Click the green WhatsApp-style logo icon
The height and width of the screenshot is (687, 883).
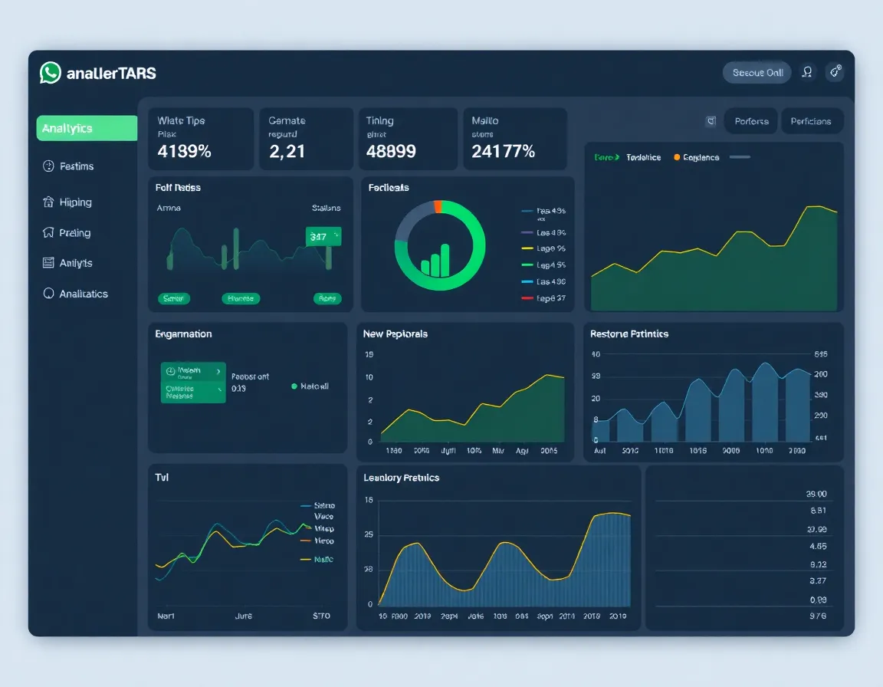click(51, 73)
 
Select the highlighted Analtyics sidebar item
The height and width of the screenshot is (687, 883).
click(87, 128)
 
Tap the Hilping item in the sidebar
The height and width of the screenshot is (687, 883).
click(75, 202)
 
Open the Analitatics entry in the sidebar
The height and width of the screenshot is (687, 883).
click(83, 294)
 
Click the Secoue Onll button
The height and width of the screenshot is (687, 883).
click(757, 72)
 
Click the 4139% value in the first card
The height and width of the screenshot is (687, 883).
click(184, 151)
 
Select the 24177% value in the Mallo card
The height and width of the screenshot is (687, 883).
click(503, 151)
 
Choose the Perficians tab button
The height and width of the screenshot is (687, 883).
click(811, 121)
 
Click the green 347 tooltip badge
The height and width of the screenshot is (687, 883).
click(322, 237)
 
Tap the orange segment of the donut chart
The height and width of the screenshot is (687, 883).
click(438, 205)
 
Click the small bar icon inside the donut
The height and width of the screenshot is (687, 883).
click(435, 261)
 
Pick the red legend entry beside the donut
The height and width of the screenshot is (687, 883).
click(543, 298)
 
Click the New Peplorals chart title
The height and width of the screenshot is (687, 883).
click(396, 334)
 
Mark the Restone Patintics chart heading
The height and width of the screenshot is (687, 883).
click(629, 334)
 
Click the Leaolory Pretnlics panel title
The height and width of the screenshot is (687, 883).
click(401, 478)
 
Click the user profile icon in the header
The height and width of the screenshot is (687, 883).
click(807, 72)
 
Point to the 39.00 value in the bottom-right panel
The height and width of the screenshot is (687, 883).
click(817, 495)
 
